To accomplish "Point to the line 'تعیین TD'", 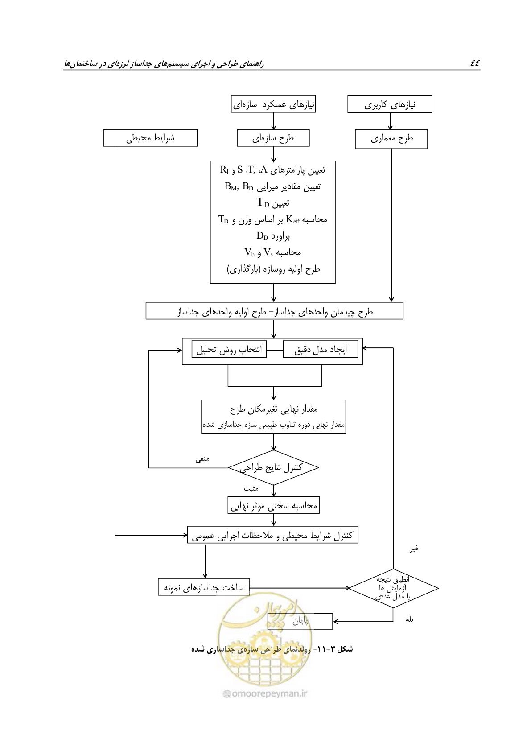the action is (x=273, y=202).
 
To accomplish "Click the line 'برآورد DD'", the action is (x=273, y=236).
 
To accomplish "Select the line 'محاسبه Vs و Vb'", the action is (x=273, y=252).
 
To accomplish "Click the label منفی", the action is (x=202, y=458).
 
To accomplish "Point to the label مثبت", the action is (x=251, y=489).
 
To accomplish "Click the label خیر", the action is (x=415, y=549).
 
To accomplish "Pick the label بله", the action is (x=409, y=619).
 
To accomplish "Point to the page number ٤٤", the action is (x=475, y=63).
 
